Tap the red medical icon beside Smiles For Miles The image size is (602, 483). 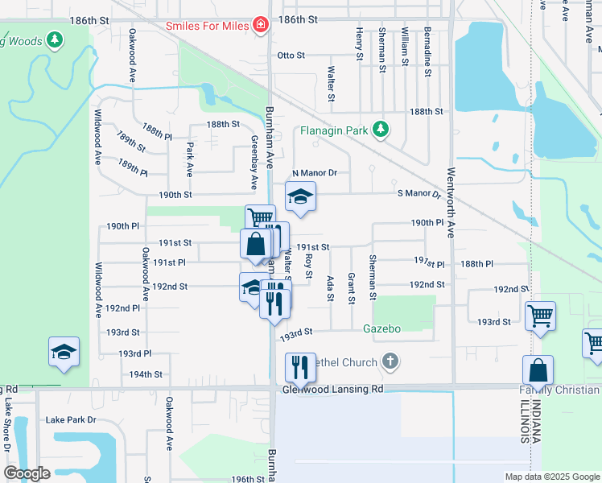261,25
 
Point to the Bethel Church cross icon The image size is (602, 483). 390,361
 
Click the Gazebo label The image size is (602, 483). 381,328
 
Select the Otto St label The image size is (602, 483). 291,56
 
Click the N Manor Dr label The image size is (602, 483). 314,173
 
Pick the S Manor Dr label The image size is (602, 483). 419,194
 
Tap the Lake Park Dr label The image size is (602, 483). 71,420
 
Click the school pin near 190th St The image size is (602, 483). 300,196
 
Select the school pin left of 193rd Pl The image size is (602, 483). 64,352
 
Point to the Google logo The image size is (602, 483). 27,474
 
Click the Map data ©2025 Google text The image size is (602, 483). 552,477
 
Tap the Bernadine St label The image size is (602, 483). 428,56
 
